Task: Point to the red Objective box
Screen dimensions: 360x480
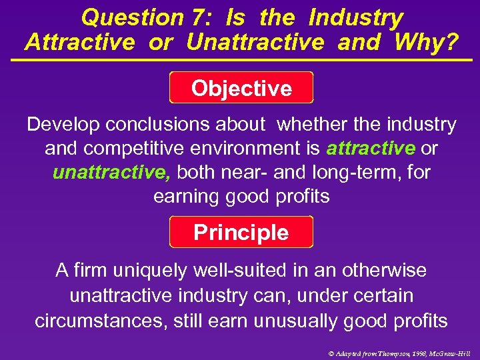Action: pyautogui.click(x=241, y=88)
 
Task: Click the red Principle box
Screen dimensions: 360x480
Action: pyautogui.click(x=241, y=233)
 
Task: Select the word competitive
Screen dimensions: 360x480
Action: pyautogui.click(x=133, y=148)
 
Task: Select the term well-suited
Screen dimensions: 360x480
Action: pyautogui.click(x=230, y=270)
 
